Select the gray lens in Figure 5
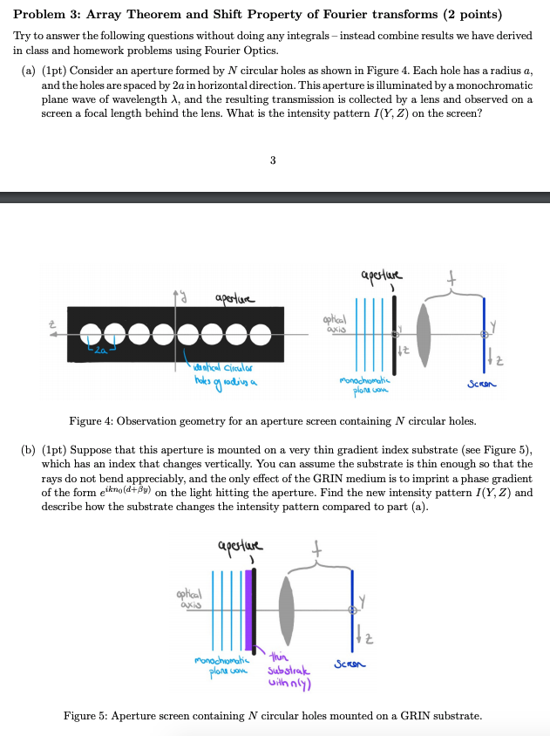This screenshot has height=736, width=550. coord(287,607)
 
